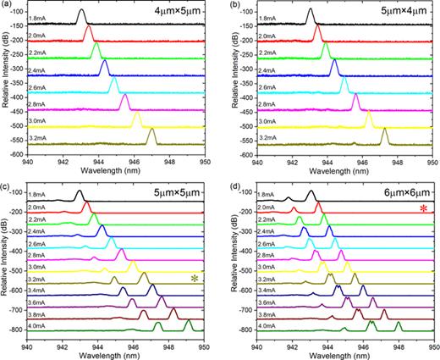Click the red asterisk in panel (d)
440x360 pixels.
(424, 208)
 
